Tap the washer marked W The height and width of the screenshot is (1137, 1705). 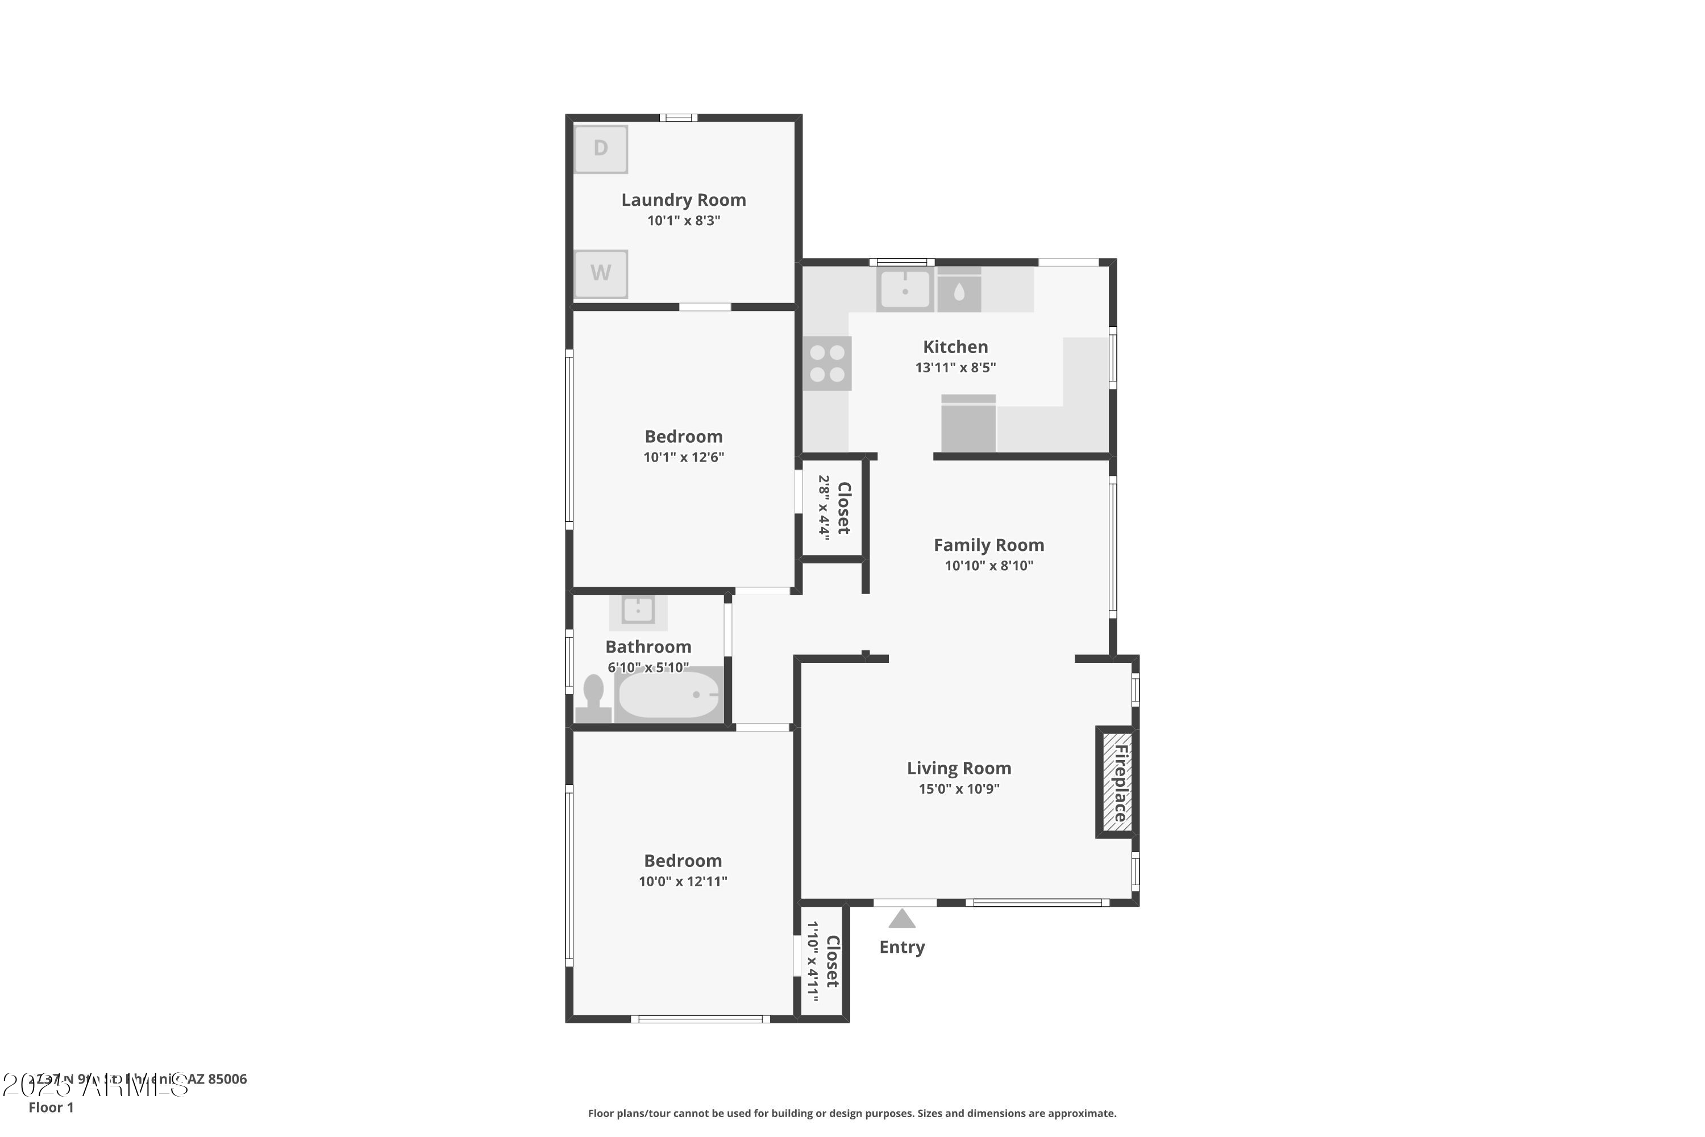pyautogui.click(x=600, y=273)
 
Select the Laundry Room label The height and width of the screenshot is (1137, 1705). pyautogui.click(x=683, y=200)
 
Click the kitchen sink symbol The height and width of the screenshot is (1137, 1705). pyautogui.click(x=905, y=289)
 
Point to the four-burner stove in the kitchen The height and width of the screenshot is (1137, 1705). pyautogui.click(x=827, y=363)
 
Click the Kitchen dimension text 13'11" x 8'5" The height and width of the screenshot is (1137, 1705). pyautogui.click(x=955, y=368)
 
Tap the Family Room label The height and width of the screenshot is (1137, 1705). pyautogui.click(x=988, y=545)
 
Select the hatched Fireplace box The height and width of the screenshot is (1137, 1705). pyautogui.click(x=1117, y=782)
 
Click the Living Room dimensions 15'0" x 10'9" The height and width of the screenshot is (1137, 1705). pyautogui.click(x=958, y=789)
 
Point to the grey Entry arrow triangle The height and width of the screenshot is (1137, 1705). pyautogui.click(x=902, y=919)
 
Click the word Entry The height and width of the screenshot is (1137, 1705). pyautogui.click(x=902, y=947)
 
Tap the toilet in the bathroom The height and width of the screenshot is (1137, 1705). pyautogui.click(x=592, y=698)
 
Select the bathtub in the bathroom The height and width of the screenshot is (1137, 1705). pyautogui.click(x=668, y=695)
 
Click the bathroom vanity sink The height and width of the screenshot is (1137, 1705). pyautogui.click(x=638, y=611)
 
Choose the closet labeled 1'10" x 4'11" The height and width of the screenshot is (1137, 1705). pyautogui.click(x=822, y=961)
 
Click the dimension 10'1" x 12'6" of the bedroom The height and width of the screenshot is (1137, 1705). pyautogui.click(x=683, y=458)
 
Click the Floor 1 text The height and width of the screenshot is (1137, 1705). pyautogui.click(x=51, y=1107)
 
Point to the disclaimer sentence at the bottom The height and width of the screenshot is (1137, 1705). pyautogui.click(x=852, y=1113)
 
